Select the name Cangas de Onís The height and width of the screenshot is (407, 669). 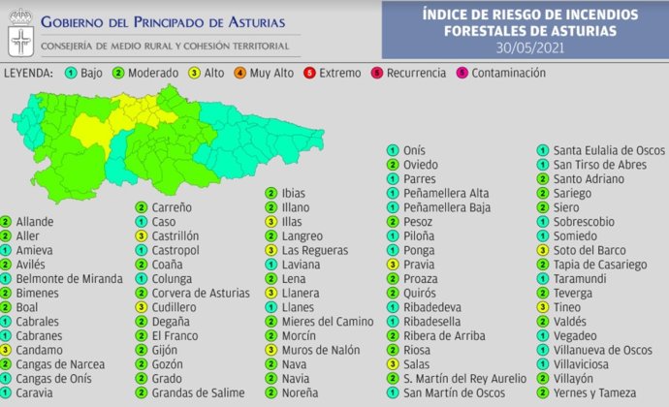[x=52, y=378]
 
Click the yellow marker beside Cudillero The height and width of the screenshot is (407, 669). [x=142, y=307]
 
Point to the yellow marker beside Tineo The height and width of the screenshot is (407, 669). [x=543, y=307]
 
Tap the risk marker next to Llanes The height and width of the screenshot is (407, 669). [x=272, y=307]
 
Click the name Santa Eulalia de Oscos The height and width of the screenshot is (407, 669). [x=608, y=150]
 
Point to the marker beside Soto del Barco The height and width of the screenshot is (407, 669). [x=543, y=250]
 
